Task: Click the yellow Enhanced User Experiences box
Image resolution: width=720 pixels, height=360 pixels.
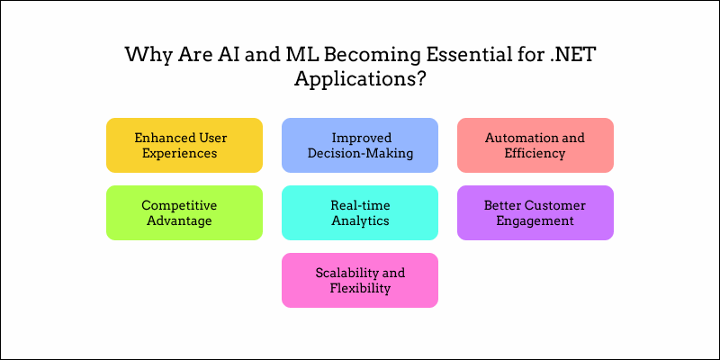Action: [x=184, y=145]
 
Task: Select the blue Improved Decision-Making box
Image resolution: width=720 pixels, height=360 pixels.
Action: [x=360, y=145]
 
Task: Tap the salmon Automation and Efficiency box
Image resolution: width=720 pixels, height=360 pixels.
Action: [x=535, y=145]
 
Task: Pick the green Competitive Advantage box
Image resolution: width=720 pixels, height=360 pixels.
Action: [x=184, y=212]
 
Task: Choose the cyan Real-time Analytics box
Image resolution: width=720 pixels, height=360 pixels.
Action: [x=360, y=212]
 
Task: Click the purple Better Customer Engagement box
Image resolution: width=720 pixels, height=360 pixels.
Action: [x=535, y=212]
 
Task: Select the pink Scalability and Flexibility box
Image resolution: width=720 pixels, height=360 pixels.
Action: [x=360, y=280]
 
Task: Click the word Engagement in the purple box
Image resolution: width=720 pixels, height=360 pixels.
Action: [x=535, y=220]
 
